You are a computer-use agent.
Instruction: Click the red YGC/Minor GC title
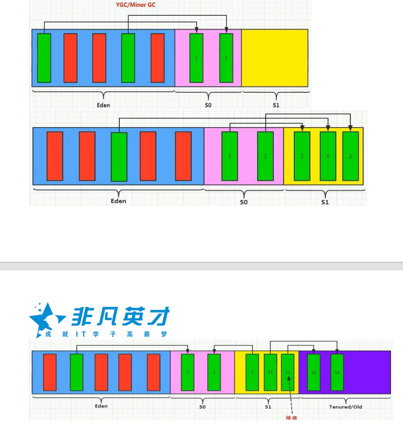point(139,5)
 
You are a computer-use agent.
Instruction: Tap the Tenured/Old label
point(345,407)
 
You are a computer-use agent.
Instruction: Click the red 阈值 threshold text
point(291,418)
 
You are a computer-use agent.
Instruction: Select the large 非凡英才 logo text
point(120,317)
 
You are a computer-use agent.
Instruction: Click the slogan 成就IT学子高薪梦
point(106,334)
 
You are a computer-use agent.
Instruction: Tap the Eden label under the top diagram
point(103,105)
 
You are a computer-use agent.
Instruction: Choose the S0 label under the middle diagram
point(243,202)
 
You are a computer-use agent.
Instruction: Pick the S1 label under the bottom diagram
point(268,407)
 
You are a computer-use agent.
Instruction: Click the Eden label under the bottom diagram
point(101,406)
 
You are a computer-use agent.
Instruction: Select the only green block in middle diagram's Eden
point(119,157)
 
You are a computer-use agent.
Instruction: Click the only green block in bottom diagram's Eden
point(76,372)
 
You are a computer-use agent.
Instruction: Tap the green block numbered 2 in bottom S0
point(214,372)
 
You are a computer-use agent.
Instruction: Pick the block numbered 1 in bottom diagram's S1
point(252,372)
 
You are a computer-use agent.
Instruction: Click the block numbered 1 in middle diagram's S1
point(328,156)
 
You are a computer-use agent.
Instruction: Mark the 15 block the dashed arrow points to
point(288,372)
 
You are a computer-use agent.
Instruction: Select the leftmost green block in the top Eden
point(44,58)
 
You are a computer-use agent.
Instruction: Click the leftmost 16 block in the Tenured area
point(314,372)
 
